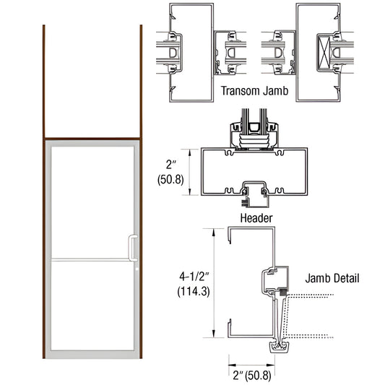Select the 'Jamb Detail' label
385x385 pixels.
pos(332,278)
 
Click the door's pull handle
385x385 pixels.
pos(132,246)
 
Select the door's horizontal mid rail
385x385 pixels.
pos(93,259)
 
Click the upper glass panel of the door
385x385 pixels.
pos(93,199)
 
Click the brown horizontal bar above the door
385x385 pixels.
pos(93,139)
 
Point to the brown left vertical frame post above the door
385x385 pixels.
pos(45,79)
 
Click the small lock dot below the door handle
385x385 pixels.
pos(135,270)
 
